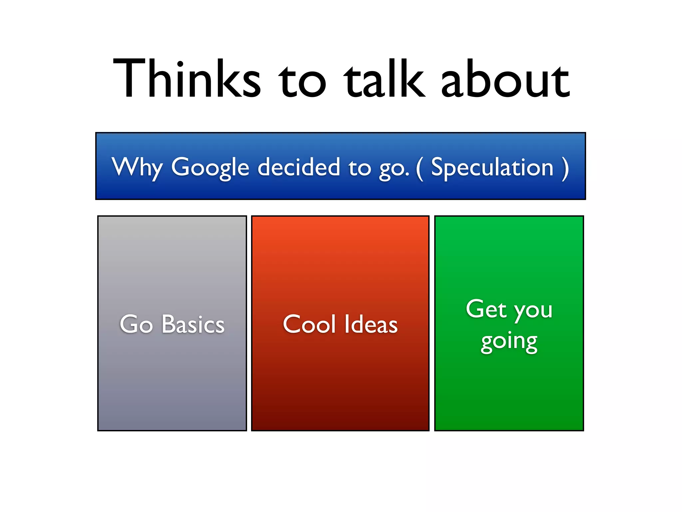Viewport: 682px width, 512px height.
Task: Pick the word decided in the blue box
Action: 299,167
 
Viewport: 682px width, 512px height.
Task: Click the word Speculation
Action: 492,167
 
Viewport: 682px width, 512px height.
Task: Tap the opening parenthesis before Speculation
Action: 420,168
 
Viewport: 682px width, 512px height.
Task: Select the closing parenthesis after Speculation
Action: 565,168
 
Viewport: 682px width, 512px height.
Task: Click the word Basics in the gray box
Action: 193,324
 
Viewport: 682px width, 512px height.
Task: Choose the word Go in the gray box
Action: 136,324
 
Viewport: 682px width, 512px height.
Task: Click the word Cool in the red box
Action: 309,324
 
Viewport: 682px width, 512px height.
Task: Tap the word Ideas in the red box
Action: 371,324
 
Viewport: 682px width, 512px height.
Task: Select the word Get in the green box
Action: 486,309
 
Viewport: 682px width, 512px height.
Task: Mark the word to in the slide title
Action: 302,82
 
